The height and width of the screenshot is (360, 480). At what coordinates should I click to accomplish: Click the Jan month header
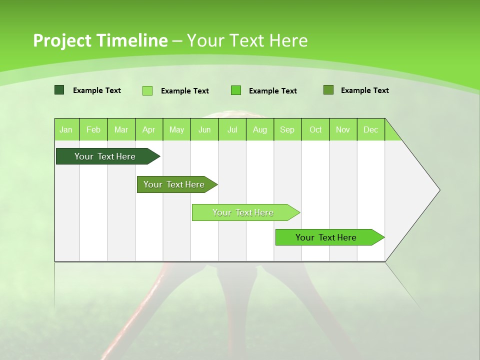66,129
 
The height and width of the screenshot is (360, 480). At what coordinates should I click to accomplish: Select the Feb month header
93,129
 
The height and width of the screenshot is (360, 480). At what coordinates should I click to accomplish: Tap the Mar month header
121,129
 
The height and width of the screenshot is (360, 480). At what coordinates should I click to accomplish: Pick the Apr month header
148,129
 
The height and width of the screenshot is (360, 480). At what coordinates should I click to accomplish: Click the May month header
176,129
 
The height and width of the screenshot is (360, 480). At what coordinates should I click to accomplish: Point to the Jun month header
204,129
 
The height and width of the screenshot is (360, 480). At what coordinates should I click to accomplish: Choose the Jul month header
232,129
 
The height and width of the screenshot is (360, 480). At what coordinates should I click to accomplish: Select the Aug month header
260,129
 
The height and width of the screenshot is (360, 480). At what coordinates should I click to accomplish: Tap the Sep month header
287,129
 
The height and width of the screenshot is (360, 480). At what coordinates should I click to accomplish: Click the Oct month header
315,129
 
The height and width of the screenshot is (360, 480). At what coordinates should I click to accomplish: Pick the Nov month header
343,129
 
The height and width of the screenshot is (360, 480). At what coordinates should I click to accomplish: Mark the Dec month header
370,129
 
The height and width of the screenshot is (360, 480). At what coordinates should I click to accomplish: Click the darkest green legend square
59,90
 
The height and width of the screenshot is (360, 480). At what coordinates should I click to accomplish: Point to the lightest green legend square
147,90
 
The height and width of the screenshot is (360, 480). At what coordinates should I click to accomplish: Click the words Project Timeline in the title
100,40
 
